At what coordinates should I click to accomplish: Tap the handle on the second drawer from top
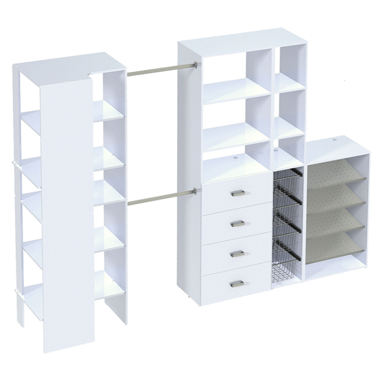[x=237, y=223]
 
